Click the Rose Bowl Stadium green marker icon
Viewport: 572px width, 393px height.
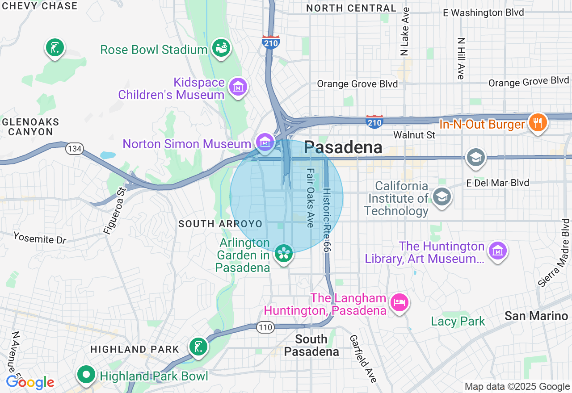pos(221,47)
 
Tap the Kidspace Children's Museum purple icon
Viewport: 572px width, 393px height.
pos(238,87)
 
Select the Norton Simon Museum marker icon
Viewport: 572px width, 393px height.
pos(265,142)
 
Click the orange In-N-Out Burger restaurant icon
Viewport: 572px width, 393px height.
pos(538,122)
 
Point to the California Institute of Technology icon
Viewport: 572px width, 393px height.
pos(442,197)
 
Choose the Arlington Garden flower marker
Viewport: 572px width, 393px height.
pos(283,253)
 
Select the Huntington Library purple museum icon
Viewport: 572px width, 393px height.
pos(497,251)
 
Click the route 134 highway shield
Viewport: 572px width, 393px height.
pos(75,149)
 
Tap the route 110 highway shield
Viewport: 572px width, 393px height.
pos(265,328)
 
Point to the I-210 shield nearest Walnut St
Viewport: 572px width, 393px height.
pos(374,121)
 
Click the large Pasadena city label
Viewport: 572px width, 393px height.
pos(343,147)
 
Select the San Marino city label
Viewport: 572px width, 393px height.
pos(536,316)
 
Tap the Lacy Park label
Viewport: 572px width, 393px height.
pos(458,321)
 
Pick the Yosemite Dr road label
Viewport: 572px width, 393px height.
pos(39,238)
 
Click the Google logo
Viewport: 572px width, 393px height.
pos(30,382)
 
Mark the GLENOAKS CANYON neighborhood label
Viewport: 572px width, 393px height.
pos(30,127)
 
